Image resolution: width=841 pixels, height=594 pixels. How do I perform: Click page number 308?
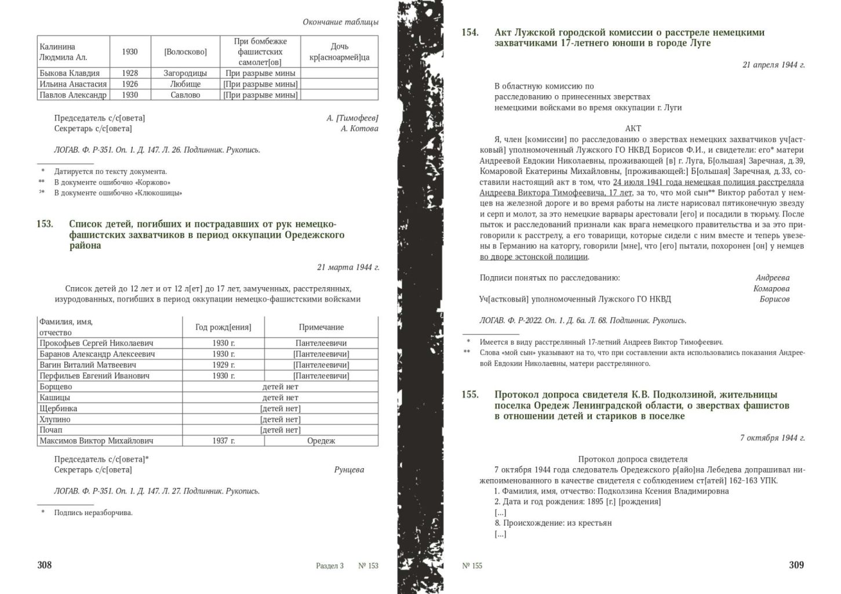click(45, 565)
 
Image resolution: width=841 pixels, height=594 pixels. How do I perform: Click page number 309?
click(796, 565)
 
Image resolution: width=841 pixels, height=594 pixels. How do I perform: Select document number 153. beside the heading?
click(45, 224)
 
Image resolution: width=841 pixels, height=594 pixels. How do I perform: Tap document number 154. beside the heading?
click(470, 32)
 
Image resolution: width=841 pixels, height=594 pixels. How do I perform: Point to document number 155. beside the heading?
click(470, 394)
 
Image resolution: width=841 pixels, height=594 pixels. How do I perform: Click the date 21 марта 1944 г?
click(348, 267)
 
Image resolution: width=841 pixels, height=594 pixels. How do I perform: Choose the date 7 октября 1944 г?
click(772, 437)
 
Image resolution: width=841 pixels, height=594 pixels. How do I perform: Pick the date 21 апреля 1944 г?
click(773, 65)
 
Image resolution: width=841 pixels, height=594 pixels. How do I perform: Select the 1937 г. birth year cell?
click(223, 441)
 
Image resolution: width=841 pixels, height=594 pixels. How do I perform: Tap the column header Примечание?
click(321, 327)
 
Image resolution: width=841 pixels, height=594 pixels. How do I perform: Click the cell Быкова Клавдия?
click(70, 73)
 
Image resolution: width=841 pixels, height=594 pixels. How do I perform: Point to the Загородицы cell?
click(185, 73)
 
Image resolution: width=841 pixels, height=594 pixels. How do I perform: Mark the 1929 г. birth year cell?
click(223, 365)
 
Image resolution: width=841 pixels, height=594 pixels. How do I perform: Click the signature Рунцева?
click(349, 470)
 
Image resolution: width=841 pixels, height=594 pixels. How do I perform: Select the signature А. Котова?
click(359, 129)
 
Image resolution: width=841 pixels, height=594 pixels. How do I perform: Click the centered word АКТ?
click(633, 129)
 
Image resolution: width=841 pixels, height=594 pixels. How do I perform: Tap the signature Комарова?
click(771, 288)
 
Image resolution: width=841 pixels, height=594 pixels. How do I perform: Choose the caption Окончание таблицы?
click(340, 22)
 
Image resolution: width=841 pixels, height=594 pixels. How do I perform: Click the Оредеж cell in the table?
click(321, 441)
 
